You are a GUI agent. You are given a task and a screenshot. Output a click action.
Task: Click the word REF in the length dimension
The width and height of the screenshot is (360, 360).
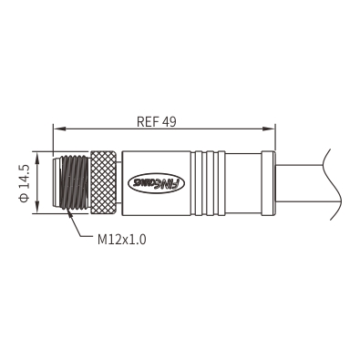149,122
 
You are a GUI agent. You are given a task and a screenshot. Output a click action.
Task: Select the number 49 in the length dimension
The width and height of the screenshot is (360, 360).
170,122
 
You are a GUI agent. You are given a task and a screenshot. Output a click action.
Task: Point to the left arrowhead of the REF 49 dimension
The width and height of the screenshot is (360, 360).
59,129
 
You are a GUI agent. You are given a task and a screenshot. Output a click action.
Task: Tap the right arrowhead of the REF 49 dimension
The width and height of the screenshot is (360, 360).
269,129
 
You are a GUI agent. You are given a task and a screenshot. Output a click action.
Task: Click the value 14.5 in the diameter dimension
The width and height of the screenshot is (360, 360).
24,177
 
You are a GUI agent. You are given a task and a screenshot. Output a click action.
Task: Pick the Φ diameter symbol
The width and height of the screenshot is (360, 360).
24,198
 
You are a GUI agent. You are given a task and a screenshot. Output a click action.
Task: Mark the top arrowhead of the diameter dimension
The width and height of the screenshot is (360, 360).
37,159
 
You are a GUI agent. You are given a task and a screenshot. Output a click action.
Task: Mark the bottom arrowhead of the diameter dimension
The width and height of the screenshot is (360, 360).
37,207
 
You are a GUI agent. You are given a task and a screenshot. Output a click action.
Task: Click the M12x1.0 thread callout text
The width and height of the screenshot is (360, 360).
122,240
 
